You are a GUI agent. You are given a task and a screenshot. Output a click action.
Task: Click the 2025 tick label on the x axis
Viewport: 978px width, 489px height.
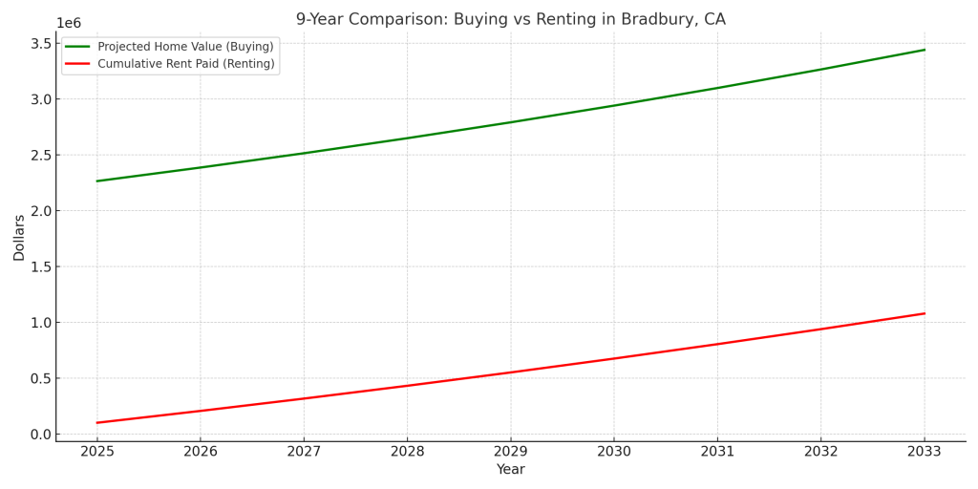pos(96,451)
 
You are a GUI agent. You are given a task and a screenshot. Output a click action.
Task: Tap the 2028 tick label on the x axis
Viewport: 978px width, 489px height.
pos(407,451)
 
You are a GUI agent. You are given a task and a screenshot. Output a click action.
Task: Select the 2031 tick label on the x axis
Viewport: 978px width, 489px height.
pos(717,451)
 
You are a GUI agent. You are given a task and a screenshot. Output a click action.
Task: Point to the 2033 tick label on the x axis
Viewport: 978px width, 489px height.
pos(924,451)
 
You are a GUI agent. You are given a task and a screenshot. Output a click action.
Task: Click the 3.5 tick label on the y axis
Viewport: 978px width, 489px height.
pos(40,44)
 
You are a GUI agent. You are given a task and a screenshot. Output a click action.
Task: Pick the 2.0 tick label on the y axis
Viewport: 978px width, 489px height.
pos(40,211)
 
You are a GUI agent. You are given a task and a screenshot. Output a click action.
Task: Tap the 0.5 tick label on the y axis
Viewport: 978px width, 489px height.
pos(40,378)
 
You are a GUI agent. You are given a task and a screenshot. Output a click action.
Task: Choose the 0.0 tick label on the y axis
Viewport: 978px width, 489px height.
pos(40,435)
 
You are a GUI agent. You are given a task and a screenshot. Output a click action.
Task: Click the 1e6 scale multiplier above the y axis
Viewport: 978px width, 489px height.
pos(69,24)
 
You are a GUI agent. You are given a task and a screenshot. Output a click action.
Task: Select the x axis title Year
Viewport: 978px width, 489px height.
pos(510,470)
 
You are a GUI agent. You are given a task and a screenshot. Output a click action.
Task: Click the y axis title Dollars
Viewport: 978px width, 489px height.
pos(19,238)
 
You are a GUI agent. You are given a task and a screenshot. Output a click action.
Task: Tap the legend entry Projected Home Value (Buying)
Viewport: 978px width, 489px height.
pos(185,47)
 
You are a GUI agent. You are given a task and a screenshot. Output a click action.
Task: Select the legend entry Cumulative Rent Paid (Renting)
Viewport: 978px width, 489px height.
pos(185,64)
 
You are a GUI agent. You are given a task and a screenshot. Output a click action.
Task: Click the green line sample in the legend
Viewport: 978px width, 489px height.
pos(77,47)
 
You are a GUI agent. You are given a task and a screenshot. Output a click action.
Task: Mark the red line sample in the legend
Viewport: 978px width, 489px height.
pos(77,64)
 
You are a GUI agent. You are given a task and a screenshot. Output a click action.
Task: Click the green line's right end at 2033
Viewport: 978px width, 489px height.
pos(925,50)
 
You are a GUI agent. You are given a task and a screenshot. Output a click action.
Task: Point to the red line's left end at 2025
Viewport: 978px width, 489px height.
pos(97,422)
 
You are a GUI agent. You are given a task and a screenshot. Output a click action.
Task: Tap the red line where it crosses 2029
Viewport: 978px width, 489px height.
pos(510,372)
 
